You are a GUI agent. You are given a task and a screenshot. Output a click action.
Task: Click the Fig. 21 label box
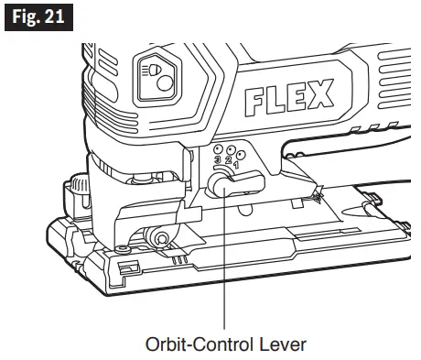pyautogui.click(x=38, y=17)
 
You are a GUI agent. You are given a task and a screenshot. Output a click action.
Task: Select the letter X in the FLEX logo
pyautogui.click(x=319, y=93)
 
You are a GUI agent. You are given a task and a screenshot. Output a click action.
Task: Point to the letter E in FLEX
pyautogui.click(x=297, y=97)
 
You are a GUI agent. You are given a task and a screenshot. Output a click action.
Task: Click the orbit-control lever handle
pyautogui.click(x=235, y=184)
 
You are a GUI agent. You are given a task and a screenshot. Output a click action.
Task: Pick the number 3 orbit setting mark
pyautogui.click(x=218, y=159)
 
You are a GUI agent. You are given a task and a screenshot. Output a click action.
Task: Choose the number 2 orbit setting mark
pyautogui.click(x=228, y=159)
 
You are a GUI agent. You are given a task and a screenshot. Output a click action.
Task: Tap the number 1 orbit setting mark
pyautogui.click(x=236, y=166)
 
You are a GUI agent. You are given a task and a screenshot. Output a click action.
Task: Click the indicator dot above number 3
pyautogui.click(x=218, y=149)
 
